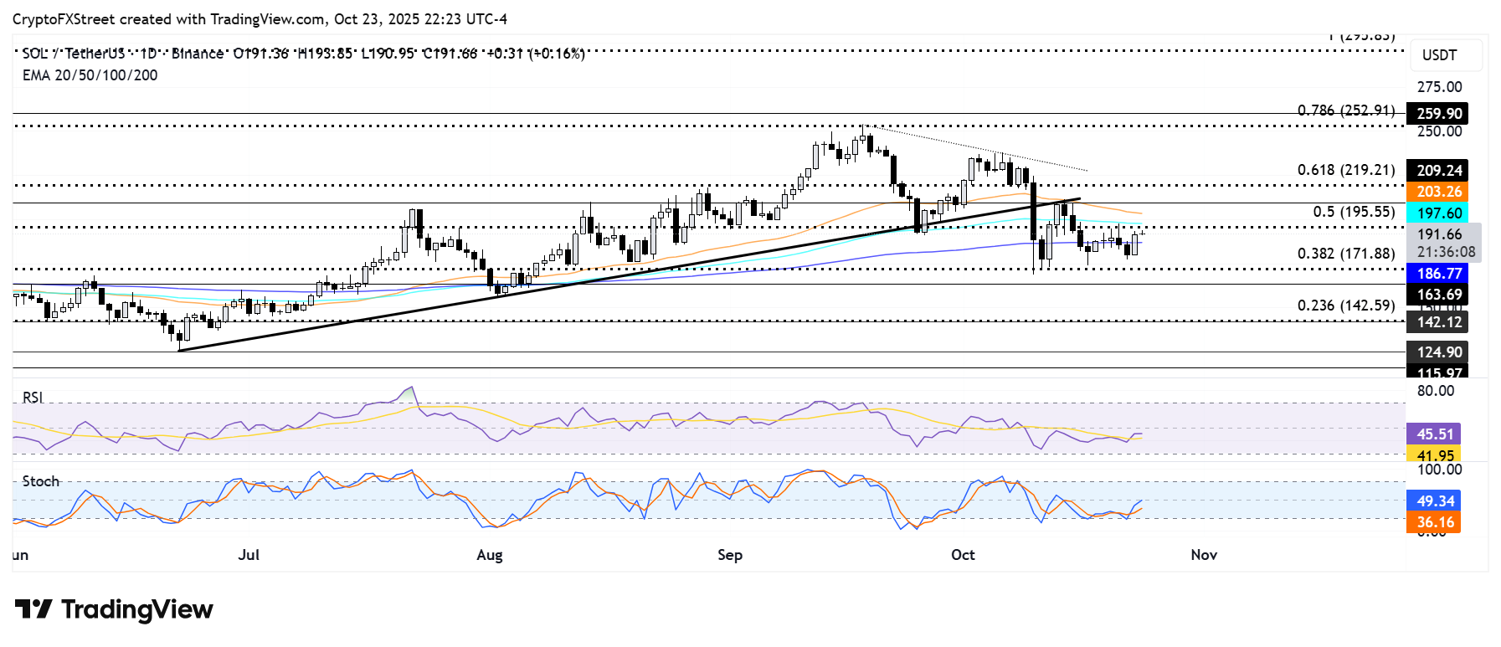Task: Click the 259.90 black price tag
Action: pyautogui.click(x=1438, y=113)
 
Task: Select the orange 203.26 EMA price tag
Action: pyautogui.click(x=1438, y=192)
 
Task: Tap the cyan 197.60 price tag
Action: pyautogui.click(x=1438, y=213)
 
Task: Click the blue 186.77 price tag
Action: pyautogui.click(x=1438, y=273)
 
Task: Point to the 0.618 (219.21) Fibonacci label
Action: pyautogui.click(x=1346, y=170)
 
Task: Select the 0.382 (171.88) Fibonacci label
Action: pyautogui.click(x=1346, y=254)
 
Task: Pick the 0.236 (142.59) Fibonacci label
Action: pyautogui.click(x=1346, y=306)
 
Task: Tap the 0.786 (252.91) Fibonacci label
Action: pyautogui.click(x=1346, y=110)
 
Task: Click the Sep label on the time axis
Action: pyautogui.click(x=730, y=555)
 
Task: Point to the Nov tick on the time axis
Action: pyautogui.click(x=1204, y=555)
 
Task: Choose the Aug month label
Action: pyautogui.click(x=490, y=555)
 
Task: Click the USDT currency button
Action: pyautogui.click(x=1439, y=55)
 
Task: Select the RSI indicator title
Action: pyautogui.click(x=33, y=397)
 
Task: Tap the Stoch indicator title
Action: pyautogui.click(x=41, y=481)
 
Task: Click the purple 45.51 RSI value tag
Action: pyautogui.click(x=1435, y=434)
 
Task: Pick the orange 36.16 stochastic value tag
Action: pyautogui.click(x=1435, y=522)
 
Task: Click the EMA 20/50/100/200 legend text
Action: pyautogui.click(x=90, y=75)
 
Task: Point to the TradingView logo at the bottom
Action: pyautogui.click(x=114, y=609)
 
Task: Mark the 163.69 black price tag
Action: pyautogui.click(x=1438, y=294)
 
